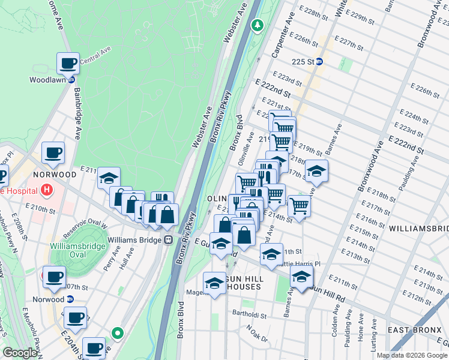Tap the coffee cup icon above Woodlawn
(x=68, y=62)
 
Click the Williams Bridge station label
(x=136, y=240)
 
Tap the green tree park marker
(x=257, y=25)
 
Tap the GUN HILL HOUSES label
(x=238, y=282)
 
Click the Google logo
(x=20, y=353)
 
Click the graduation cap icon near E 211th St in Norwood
(x=109, y=178)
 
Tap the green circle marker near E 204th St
(x=118, y=332)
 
